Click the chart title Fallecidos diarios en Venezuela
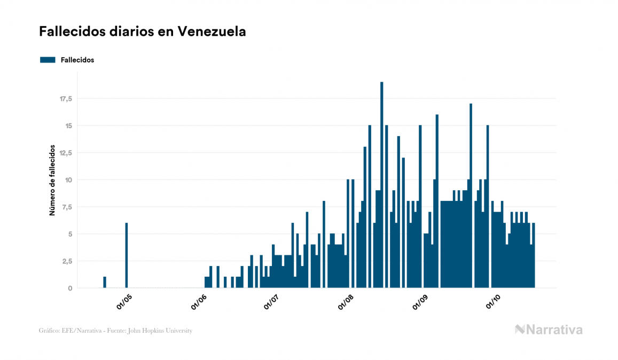pyautogui.click(x=142, y=32)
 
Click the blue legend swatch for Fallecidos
pyautogui.click(x=48, y=60)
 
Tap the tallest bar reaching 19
pyautogui.click(x=381, y=184)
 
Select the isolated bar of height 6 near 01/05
pyautogui.click(x=127, y=255)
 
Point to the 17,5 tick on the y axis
pyautogui.click(x=66, y=99)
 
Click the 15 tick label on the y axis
pyautogui.click(x=68, y=126)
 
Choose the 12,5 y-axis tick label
pyautogui.click(x=66, y=153)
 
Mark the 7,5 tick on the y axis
pyautogui.click(x=67, y=207)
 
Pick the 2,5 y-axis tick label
pyautogui.click(x=67, y=261)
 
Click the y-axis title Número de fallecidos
pyautogui.click(x=52, y=179)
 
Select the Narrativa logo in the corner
pyautogui.click(x=549, y=330)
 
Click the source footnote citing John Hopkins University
pyautogui.click(x=115, y=331)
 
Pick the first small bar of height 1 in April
pyautogui.click(x=105, y=283)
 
